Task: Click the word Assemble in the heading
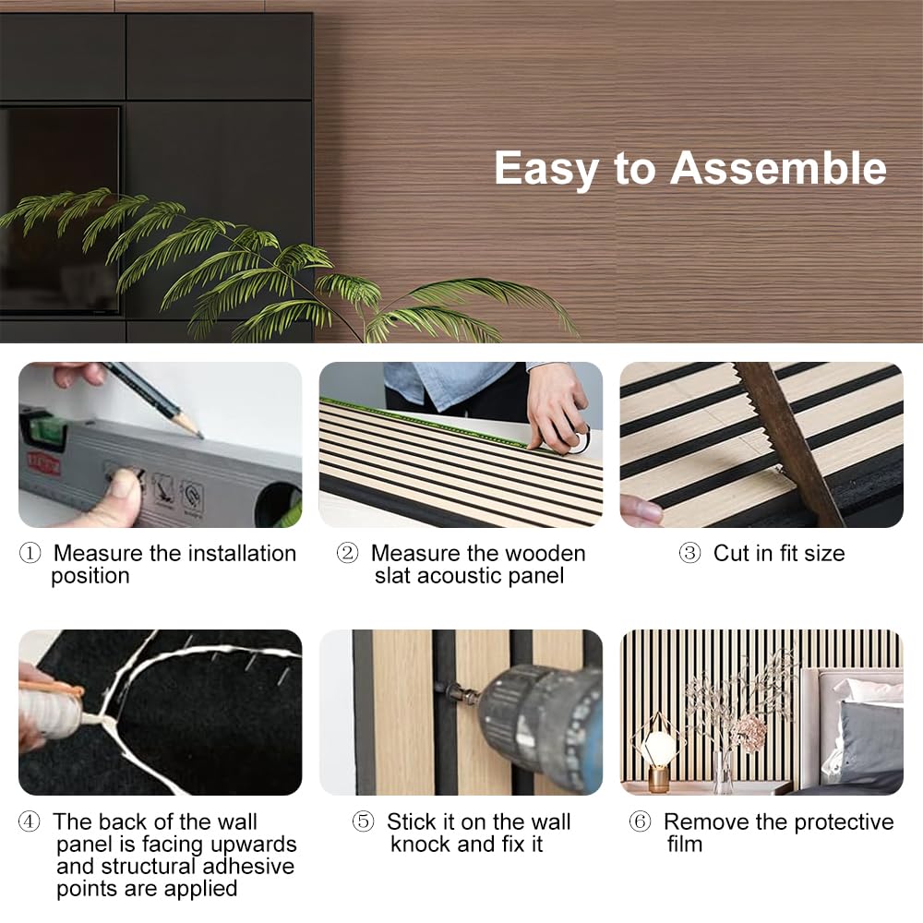point(778,169)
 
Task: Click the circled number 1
point(30,553)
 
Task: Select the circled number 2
point(347,553)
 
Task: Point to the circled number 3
point(689,553)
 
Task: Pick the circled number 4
point(30,821)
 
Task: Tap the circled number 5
point(363,821)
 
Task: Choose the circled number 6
point(641,821)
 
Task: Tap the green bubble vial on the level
point(48,431)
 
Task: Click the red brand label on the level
point(44,464)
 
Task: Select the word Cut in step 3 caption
point(731,553)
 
